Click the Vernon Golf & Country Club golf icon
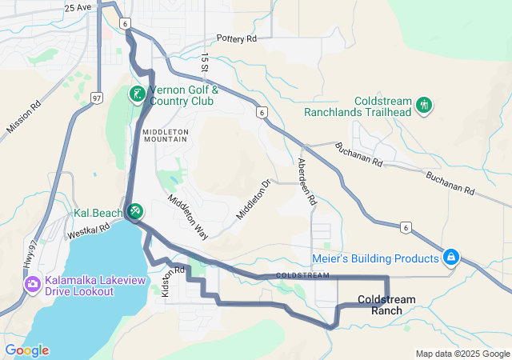[137, 94]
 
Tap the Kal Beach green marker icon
[135, 211]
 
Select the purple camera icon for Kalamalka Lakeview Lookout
[33, 283]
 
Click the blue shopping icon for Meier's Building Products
[451, 258]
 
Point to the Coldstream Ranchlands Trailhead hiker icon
[424, 104]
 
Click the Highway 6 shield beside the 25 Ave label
[125, 23]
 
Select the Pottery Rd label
[236, 38]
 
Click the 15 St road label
[205, 65]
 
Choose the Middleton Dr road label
[254, 200]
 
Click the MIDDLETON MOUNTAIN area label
[165, 134]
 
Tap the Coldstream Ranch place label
[386, 304]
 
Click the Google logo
[26, 350]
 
